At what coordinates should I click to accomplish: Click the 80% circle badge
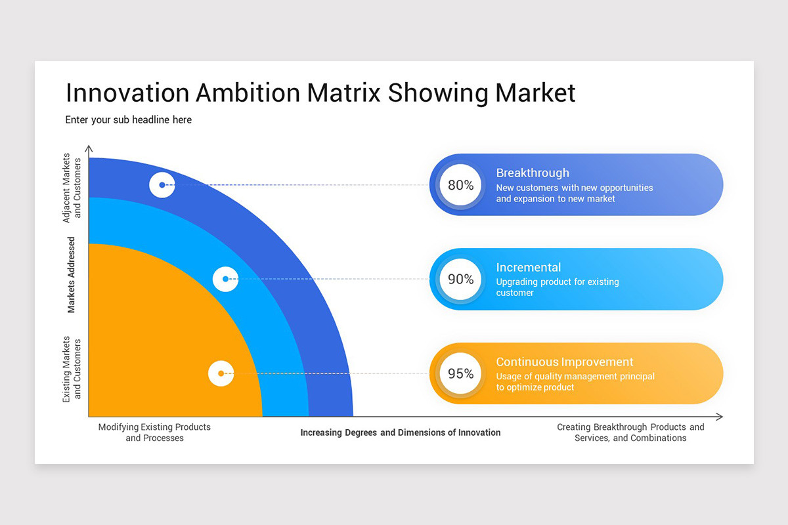tap(461, 185)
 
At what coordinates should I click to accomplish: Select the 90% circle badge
tap(461, 280)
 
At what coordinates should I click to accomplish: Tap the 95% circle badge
tap(461, 374)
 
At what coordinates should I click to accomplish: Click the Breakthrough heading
tap(533, 173)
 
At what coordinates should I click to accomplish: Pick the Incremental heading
tap(529, 267)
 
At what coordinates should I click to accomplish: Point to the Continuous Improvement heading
tap(565, 362)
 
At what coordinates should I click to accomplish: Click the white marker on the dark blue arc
tap(162, 185)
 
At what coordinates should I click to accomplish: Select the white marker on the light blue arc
tap(225, 279)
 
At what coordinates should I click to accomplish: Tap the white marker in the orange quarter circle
tap(221, 373)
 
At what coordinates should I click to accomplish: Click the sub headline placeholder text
tap(129, 120)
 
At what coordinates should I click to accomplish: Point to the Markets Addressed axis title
tap(72, 275)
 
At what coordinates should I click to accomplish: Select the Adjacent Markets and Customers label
tap(72, 188)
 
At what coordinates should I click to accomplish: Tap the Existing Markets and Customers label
tap(72, 369)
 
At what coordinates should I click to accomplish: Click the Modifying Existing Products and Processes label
tap(154, 432)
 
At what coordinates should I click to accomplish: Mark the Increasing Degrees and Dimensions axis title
tap(401, 432)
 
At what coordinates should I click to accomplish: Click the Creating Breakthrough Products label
tap(630, 432)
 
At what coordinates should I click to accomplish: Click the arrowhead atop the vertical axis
tap(89, 149)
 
